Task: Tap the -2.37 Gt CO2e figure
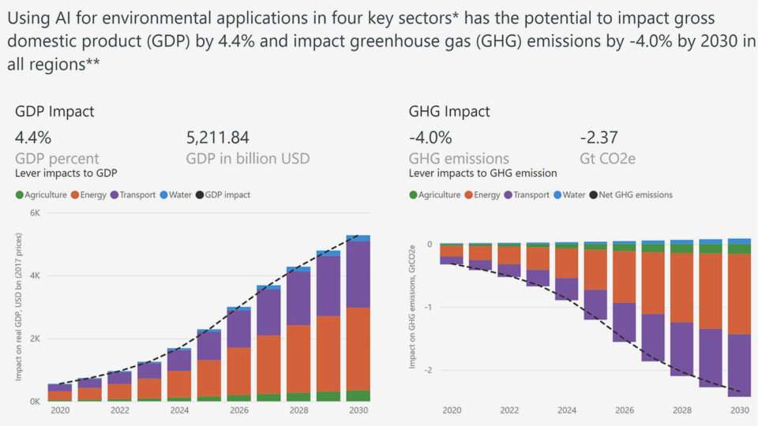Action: (599, 137)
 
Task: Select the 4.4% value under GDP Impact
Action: (33, 137)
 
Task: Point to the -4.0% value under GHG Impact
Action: (430, 137)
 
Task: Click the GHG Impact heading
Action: (449, 111)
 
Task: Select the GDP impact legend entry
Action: (227, 194)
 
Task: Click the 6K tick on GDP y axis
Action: (35, 213)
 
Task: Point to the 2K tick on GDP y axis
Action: (35, 338)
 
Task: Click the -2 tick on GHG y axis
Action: (430, 370)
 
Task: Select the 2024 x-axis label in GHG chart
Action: (566, 410)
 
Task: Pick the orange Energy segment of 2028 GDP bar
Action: (298, 358)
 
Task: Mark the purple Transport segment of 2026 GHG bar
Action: (624, 322)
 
